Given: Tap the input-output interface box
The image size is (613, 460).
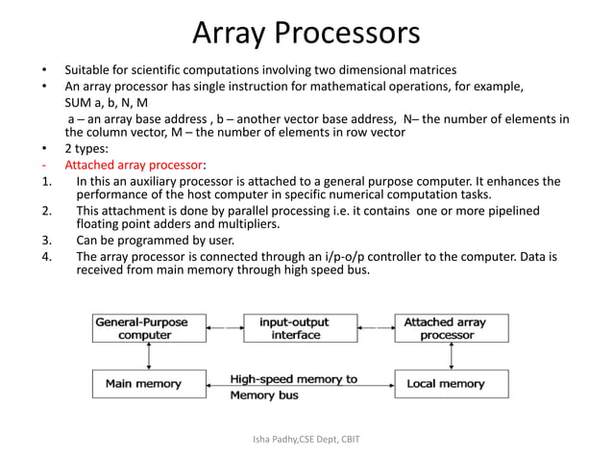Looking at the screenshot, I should click(295, 329).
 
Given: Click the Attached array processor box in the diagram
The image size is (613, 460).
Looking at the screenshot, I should click(445, 329).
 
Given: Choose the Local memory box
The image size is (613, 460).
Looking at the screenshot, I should click(445, 384).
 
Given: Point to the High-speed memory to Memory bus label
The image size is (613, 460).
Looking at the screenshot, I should click(292, 387).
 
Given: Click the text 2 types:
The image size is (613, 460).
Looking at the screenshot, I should click(86, 149).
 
